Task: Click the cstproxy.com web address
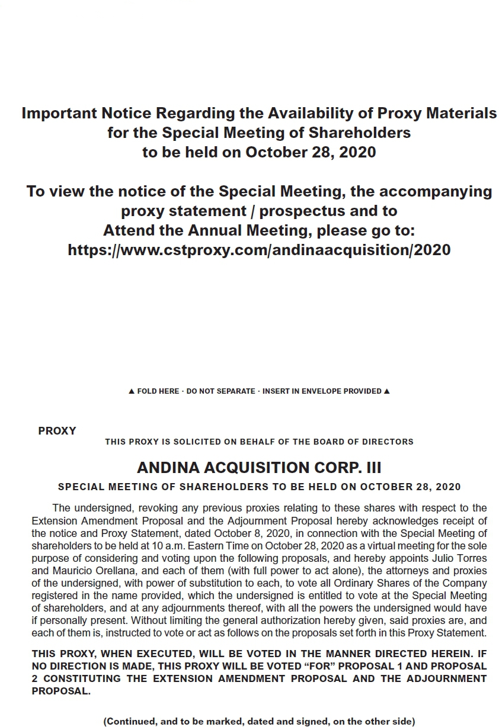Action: pos(259,250)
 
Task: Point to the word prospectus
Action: pos(309,211)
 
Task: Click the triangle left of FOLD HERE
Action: pos(132,391)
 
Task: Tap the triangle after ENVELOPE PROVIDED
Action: pos(387,391)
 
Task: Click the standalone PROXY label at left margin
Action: pos(57,431)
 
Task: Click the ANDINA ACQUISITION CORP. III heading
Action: pos(259,468)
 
